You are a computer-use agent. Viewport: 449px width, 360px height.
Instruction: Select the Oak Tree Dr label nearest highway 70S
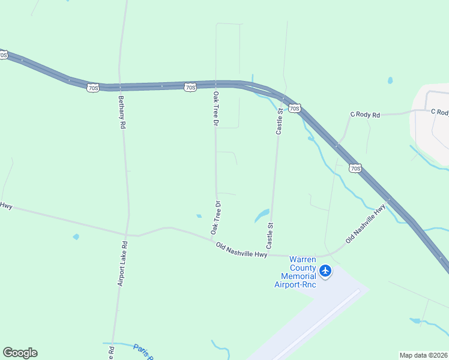point(215,108)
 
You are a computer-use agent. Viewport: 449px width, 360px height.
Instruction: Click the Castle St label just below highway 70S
point(279,119)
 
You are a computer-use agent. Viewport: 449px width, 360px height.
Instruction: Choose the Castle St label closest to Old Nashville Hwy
point(270,236)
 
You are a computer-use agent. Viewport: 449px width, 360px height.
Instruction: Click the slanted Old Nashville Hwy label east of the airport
point(366,224)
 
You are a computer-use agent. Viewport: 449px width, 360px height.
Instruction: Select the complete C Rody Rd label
point(365,115)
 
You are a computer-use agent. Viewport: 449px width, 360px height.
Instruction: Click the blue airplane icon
point(325,271)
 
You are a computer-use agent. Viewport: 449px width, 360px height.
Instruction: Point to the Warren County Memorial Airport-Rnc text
point(295,272)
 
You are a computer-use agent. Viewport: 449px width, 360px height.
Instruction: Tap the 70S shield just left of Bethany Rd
point(92,88)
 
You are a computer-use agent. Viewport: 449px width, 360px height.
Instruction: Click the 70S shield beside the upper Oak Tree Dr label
point(190,88)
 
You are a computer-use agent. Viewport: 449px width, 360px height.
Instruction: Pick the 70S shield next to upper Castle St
point(294,108)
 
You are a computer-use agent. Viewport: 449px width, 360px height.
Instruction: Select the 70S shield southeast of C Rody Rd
point(355,168)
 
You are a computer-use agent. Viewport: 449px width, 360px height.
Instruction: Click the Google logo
point(20,353)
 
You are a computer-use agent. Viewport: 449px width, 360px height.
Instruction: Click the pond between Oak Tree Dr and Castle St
point(262,214)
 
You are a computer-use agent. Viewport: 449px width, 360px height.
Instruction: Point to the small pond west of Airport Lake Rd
point(76,236)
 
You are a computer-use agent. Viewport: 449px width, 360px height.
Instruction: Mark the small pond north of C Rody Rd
point(390,80)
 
